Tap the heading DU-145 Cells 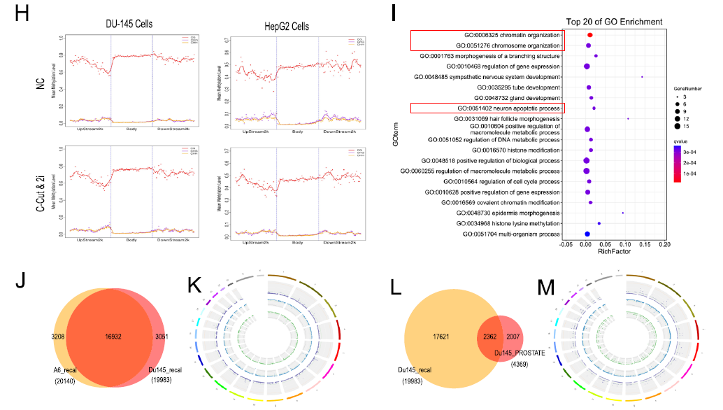click(x=124, y=24)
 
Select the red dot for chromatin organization click(x=590, y=35)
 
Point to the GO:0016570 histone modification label click(x=517, y=150)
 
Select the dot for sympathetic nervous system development click(x=642, y=77)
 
